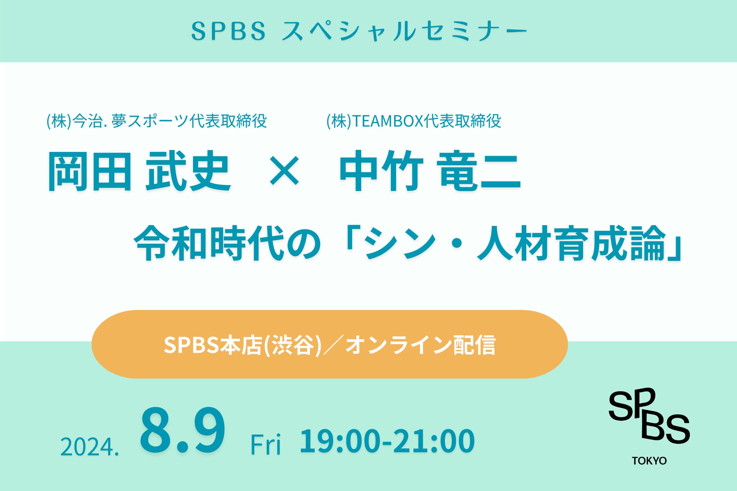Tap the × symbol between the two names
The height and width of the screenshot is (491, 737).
284,171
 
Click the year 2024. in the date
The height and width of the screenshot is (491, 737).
90,447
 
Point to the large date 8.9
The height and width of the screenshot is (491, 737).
183,430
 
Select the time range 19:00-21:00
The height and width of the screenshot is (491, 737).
387,441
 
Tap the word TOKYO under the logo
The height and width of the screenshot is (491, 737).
649,461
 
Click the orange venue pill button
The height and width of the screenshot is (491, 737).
329,344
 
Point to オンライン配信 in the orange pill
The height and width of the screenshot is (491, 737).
420,344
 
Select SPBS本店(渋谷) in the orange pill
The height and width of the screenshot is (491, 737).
243,344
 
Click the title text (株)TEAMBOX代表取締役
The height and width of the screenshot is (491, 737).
414,121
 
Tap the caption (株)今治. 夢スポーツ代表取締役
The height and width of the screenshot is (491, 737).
157,121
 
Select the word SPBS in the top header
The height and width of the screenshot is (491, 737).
228,31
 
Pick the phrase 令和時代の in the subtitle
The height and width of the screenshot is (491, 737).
227,243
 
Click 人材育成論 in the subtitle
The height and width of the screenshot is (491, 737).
571,243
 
